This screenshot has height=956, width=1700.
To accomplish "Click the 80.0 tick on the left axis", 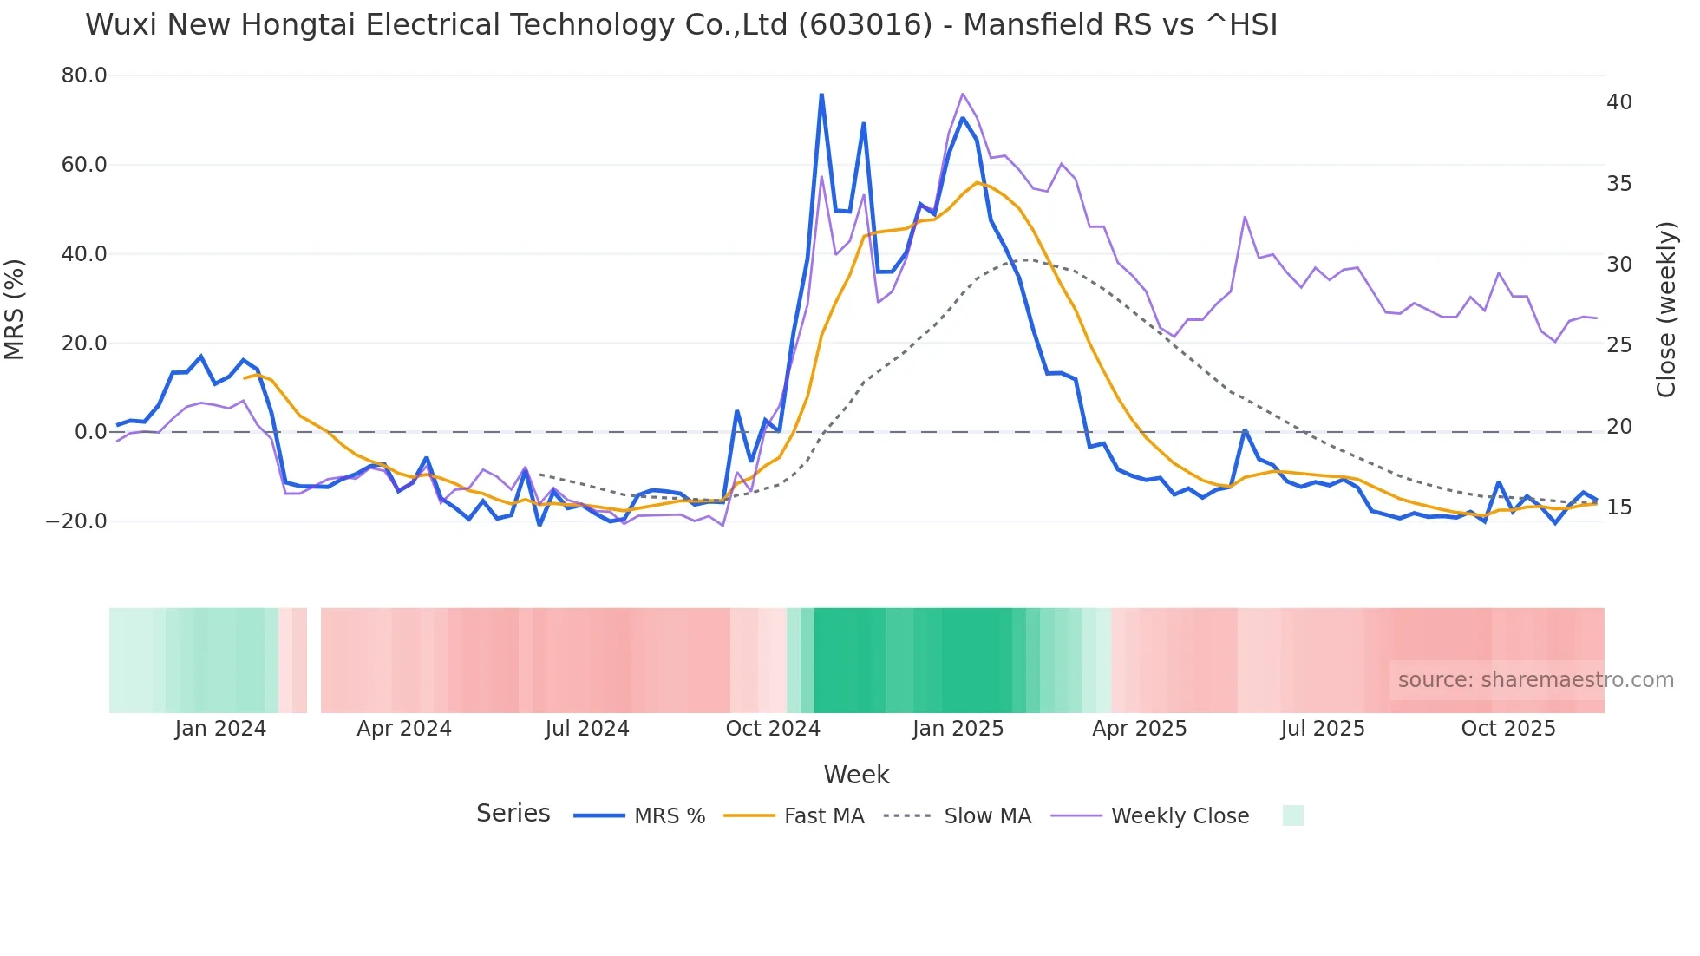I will coord(84,75).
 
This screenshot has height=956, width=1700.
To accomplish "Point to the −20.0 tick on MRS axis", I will coord(76,521).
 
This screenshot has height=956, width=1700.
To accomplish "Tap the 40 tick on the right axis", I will coord(1618,102).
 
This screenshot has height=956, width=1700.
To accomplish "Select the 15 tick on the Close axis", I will coord(1618,507).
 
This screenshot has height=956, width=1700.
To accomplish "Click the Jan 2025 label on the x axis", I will coord(958,729).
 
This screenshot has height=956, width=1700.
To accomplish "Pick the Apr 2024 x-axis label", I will coord(404,729).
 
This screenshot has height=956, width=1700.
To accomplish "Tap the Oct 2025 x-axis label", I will coord(1508,729).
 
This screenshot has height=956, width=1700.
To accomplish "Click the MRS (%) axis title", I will coord(15,309).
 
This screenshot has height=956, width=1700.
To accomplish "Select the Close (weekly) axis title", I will coord(1665,310).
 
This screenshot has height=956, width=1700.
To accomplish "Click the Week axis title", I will coord(856,775).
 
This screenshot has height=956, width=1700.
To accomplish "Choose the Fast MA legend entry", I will coord(823,816).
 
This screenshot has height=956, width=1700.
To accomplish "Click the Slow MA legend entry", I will coord(987,816).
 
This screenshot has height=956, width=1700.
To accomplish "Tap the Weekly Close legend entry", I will coord(1180,816).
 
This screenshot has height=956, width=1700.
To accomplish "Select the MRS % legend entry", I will coord(669,816).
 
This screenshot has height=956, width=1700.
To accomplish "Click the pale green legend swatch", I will coord(1292,815).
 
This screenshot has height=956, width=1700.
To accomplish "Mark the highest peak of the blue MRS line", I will coord(821,95).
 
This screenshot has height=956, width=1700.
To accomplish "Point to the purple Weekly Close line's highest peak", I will coord(963,94).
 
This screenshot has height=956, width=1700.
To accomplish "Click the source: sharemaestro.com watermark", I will coord(1535,680).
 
